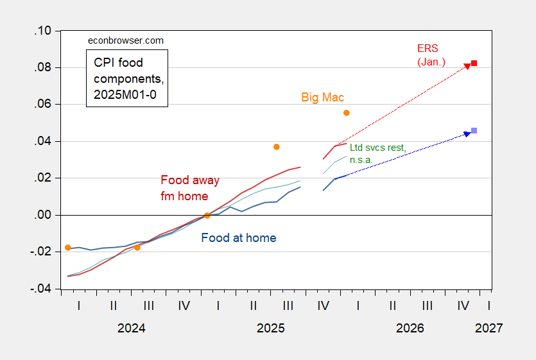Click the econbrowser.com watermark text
click(125, 40)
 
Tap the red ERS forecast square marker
click(474, 63)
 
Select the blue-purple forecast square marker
click(474, 131)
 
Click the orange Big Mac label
click(323, 98)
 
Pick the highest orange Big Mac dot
click(347, 113)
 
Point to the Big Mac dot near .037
click(277, 147)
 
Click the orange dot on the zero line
click(207, 216)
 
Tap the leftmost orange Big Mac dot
click(68, 248)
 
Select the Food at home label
click(239, 238)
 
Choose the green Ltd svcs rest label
click(377, 153)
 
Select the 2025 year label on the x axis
click(270, 328)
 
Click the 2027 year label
click(488, 328)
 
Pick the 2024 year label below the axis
click(131, 328)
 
